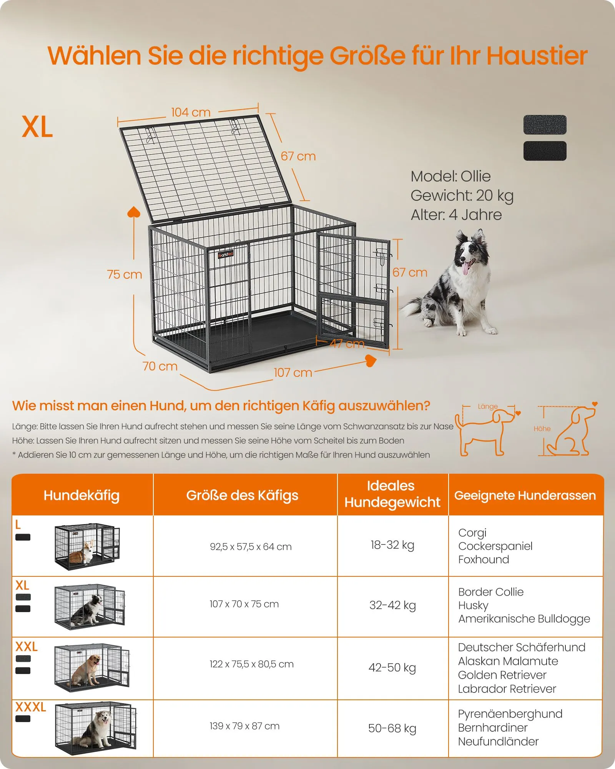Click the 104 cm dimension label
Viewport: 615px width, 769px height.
coord(191,112)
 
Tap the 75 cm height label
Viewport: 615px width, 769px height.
coord(125,275)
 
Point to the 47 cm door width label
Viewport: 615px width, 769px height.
coord(347,343)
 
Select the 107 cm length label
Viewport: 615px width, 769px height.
coord(293,373)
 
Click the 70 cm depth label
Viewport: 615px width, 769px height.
coord(160,366)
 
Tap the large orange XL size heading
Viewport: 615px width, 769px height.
coord(37,127)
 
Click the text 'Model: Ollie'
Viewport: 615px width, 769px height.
coord(450,176)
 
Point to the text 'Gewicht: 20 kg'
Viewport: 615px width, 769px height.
coord(462,196)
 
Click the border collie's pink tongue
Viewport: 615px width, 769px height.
coord(466,268)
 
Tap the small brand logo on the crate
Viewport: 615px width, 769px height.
coord(226,255)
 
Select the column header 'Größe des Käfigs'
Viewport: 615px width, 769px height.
coord(242,495)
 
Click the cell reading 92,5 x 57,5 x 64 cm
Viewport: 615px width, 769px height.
coord(251,546)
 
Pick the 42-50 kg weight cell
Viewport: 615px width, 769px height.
coord(392,667)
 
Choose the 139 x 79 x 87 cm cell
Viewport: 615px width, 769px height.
coord(244,726)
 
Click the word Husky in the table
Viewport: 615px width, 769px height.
coord(473,606)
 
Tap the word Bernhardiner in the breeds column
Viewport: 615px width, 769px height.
coord(493,727)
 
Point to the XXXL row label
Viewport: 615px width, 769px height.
coord(31,707)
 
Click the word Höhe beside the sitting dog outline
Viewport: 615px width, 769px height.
coord(542,429)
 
